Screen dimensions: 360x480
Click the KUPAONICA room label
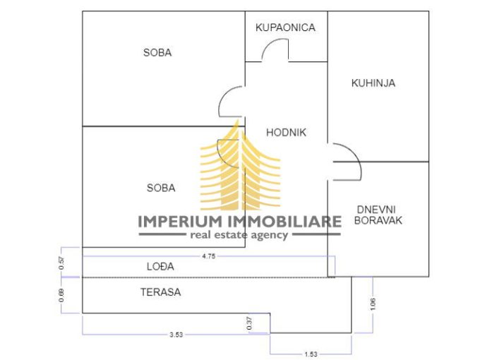pos(285,28)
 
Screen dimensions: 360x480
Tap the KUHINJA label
pos(373,83)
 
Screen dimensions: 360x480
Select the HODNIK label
pos(286,132)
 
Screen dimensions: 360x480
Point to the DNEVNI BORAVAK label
pos(379,215)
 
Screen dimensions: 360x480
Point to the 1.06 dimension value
pos(373,304)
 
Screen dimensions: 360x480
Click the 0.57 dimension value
pos(61,262)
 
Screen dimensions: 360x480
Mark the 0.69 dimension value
pos(61,295)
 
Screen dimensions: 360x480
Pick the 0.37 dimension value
pos(248,323)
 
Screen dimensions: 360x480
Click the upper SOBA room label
pos(157,52)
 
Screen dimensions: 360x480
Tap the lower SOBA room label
pos(161,188)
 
